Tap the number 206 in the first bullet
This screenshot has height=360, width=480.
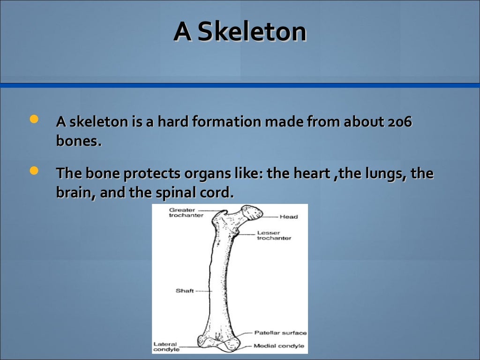(400, 122)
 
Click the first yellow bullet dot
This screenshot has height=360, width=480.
(34, 120)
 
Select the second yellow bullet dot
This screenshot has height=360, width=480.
(34, 171)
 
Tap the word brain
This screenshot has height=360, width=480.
(75, 193)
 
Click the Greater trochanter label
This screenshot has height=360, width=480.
(186, 212)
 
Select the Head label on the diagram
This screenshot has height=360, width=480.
(288, 217)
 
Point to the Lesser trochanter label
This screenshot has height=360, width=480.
(274, 235)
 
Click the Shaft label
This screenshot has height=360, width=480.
(185, 291)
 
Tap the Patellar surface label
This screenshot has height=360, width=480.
(280, 333)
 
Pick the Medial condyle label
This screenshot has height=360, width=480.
(278, 346)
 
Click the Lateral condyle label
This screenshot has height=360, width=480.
(166, 346)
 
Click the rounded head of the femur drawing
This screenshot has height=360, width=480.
(252, 212)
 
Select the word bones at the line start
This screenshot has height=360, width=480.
(77, 141)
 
